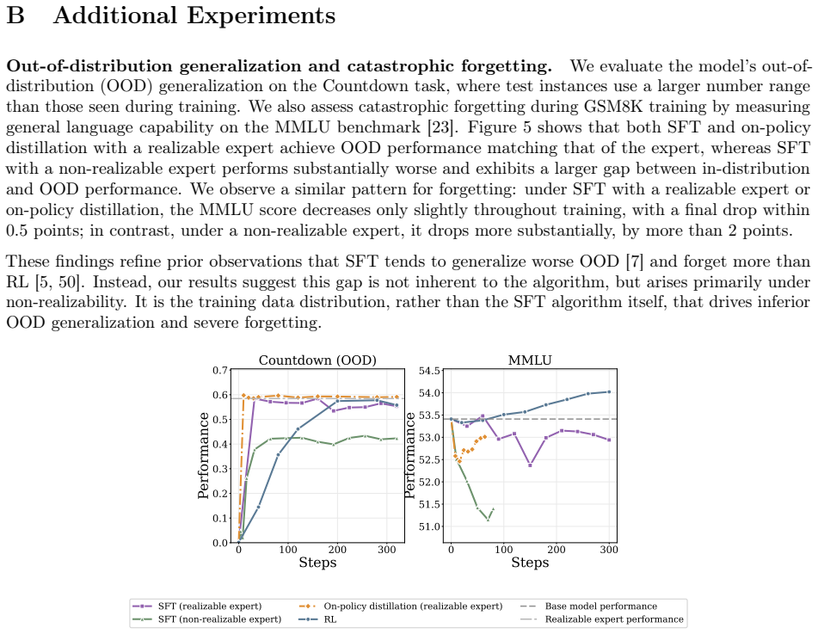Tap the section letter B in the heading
coord(15,15)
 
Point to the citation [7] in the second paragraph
coord(635,261)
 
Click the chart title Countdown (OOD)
coord(317,360)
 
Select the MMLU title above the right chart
coord(530,360)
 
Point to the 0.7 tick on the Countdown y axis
coord(220,371)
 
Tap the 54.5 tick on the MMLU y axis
coord(429,371)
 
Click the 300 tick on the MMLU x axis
coord(609,550)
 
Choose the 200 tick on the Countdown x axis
coord(337,550)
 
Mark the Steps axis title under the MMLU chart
coord(530,563)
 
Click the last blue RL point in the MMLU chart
coord(609,392)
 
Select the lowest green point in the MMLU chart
coord(488,520)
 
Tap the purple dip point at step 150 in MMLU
coord(530,465)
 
